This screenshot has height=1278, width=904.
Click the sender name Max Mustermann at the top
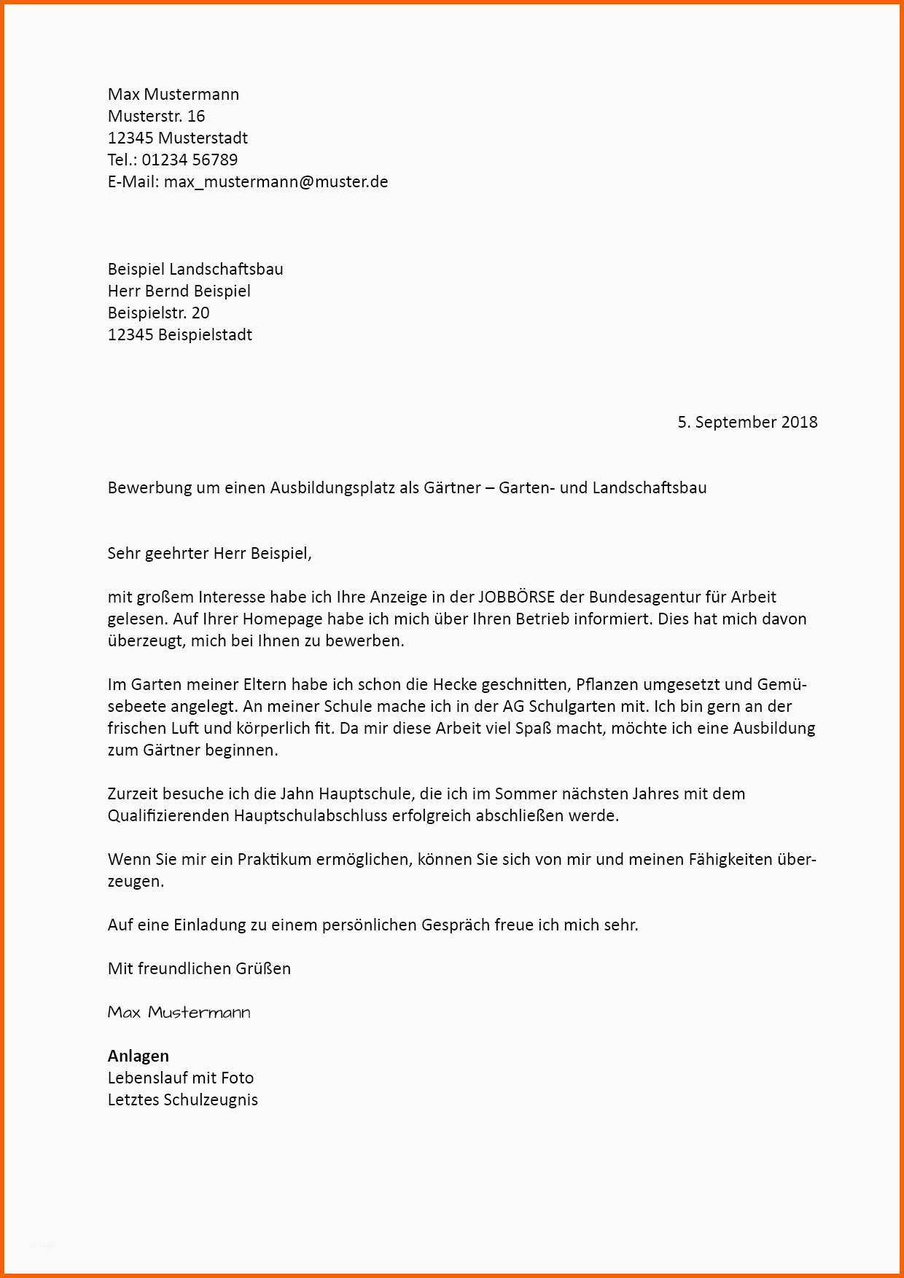(173, 94)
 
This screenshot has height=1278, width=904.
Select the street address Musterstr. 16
(156, 116)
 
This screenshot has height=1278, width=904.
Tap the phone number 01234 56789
(190, 160)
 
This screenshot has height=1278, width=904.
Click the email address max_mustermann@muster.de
(276, 181)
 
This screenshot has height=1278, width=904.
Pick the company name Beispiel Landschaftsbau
(195, 269)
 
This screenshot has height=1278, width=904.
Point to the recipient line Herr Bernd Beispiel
(179, 291)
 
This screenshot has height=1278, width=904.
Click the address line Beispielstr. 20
(158, 313)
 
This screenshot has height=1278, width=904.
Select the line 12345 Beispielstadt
(179, 334)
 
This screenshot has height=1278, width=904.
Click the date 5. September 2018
(747, 422)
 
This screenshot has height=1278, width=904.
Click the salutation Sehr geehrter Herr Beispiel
(209, 553)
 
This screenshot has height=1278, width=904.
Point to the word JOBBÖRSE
(516, 597)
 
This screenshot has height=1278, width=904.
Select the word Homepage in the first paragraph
(282, 619)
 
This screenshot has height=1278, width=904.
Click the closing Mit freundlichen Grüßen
(199, 968)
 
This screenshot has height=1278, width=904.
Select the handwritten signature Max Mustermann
(179, 1012)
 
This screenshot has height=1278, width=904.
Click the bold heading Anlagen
(138, 1056)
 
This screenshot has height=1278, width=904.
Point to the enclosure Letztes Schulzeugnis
(182, 1099)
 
